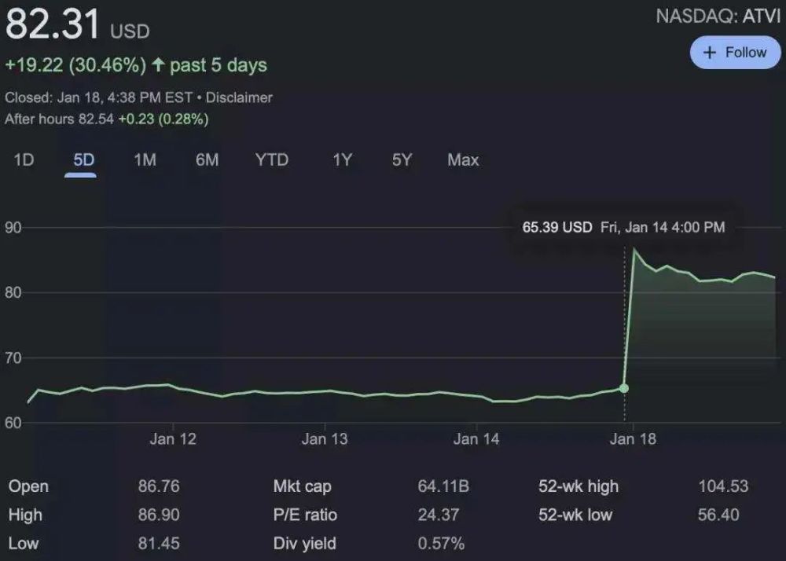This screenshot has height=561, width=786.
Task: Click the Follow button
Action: (x=735, y=53)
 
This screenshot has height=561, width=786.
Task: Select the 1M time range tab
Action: (x=145, y=160)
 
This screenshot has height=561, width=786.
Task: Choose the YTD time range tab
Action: (x=272, y=160)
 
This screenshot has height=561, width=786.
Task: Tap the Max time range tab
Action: (x=463, y=160)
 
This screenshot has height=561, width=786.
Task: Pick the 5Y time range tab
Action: (x=402, y=160)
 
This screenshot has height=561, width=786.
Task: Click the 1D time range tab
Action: (x=24, y=160)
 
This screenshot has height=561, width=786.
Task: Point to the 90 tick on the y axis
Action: (x=14, y=228)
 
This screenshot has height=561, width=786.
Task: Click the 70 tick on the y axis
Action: (x=14, y=358)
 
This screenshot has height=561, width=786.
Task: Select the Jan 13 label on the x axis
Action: (x=325, y=439)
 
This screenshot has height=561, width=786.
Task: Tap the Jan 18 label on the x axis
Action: (x=633, y=439)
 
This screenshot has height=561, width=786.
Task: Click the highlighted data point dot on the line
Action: (x=624, y=388)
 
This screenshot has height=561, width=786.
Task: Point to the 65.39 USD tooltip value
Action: (x=556, y=228)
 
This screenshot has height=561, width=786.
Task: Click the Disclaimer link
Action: (x=239, y=98)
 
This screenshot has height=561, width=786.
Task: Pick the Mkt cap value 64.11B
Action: (x=443, y=487)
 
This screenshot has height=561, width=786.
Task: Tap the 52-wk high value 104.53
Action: (x=723, y=487)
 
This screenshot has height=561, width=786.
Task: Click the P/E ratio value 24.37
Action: (x=438, y=515)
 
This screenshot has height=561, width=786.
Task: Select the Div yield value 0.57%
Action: (x=441, y=544)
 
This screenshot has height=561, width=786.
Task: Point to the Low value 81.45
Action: (x=159, y=544)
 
